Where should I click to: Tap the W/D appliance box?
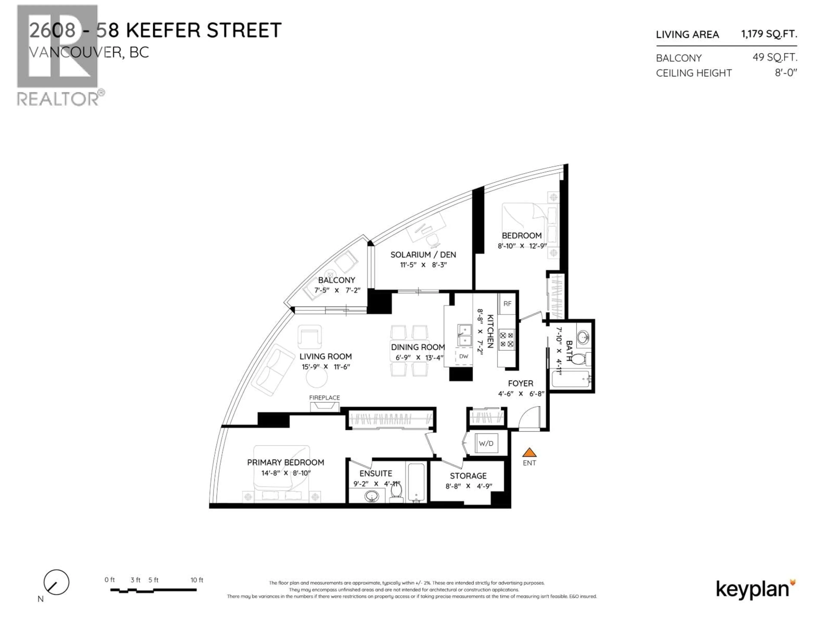pos(486,444)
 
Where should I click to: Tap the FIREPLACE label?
pos(324,398)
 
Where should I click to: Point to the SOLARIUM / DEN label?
pos(423,255)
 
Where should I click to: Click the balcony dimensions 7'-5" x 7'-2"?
pos(337,290)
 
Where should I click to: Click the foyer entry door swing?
pos(529,418)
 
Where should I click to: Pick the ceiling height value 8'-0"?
pos(786,73)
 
